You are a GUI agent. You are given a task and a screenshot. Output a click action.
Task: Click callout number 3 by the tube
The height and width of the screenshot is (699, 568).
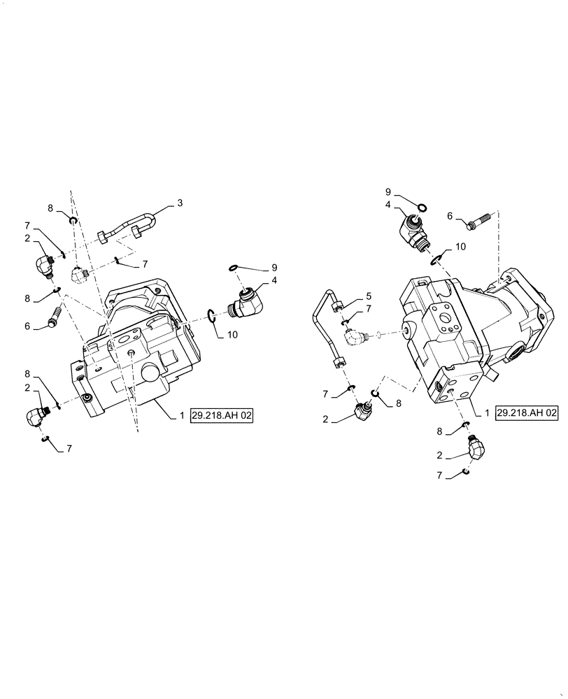click(180, 203)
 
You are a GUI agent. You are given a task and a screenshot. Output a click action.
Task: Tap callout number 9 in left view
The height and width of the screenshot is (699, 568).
click(275, 267)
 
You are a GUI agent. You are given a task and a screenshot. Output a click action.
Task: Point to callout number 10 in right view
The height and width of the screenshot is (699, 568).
click(460, 246)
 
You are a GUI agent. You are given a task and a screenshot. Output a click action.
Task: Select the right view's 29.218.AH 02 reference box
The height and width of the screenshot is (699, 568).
click(527, 414)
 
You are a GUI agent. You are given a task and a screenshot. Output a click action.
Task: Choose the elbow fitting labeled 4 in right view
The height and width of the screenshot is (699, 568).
click(413, 232)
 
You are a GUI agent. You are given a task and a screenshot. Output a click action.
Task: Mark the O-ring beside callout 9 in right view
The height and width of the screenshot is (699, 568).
click(423, 207)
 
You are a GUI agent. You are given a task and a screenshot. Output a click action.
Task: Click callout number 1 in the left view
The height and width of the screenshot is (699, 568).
click(181, 415)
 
